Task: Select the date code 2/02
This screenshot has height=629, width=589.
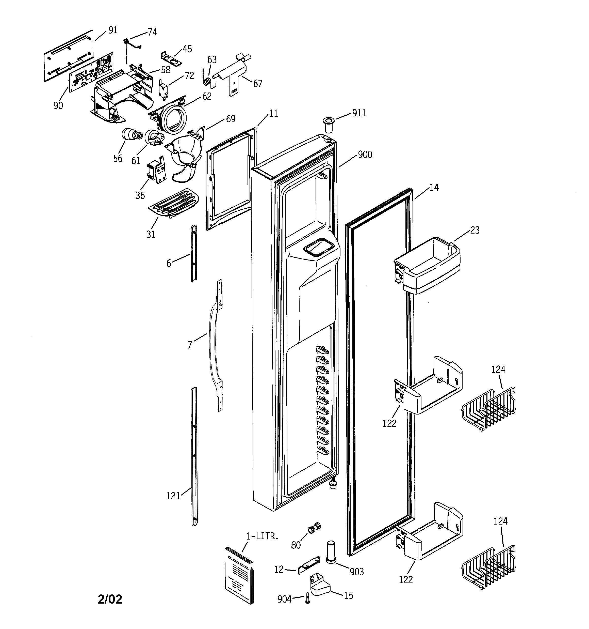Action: [x=110, y=599]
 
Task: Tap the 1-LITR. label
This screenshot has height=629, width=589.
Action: [x=262, y=536]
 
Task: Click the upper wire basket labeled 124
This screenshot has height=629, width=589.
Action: [x=488, y=409]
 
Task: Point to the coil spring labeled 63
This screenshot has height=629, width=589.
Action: [x=207, y=81]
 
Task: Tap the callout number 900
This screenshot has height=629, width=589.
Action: [x=365, y=155]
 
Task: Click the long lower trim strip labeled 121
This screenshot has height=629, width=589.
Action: [x=194, y=456]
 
